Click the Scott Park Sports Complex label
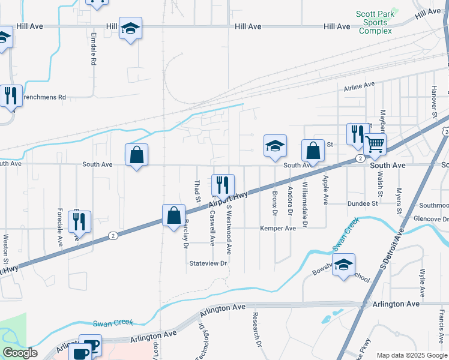tap(374, 22)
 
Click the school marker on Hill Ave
tap(130, 28)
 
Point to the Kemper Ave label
tap(277, 229)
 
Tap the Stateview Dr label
tap(208, 263)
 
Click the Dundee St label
tap(362, 204)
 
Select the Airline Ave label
tap(360, 87)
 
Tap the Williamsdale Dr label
tap(305, 205)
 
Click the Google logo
tap(20, 353)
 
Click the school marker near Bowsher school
tap(343, 265)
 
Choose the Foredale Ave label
tap(60, 228)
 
